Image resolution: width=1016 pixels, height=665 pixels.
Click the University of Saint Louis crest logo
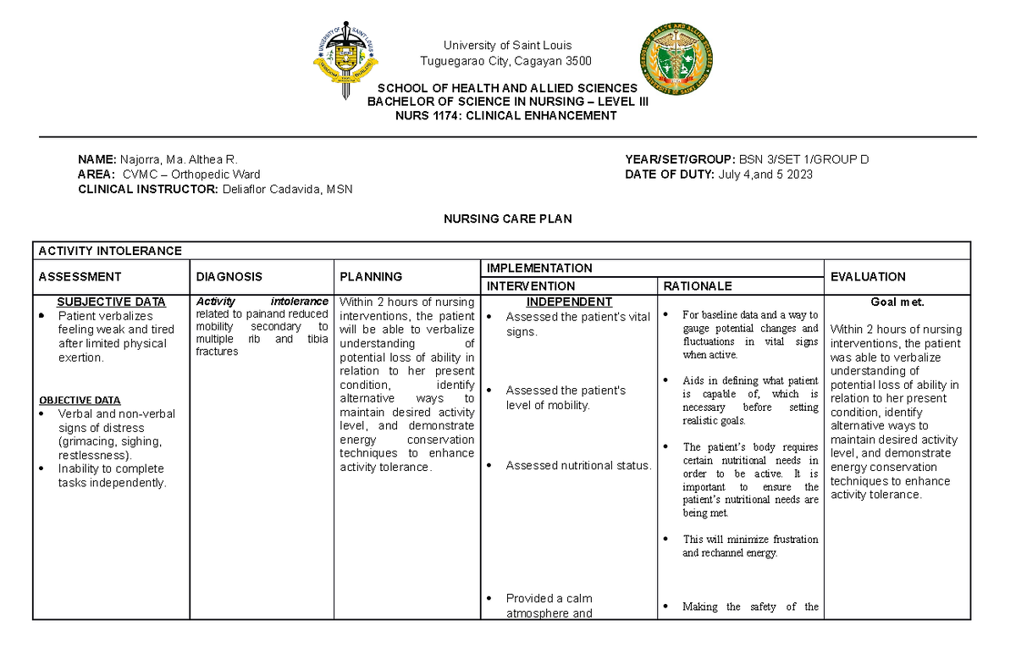[346, 58]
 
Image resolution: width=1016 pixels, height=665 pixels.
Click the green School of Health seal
[676, 57]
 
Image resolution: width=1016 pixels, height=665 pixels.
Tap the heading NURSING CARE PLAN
[508, 219]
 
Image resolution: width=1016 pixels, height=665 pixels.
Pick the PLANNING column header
[370, 276]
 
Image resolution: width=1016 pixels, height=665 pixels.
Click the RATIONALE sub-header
[698, 286]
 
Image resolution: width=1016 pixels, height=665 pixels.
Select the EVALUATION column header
[868, 276]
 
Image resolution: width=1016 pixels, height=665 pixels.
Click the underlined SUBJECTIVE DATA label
[111, 302]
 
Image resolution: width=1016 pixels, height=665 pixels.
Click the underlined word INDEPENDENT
[569, 302]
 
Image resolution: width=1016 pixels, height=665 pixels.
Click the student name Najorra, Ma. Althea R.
[179, 159]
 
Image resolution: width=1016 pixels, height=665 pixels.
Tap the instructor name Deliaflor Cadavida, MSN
[287, 189]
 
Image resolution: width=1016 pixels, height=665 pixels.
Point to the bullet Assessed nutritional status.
[578, 465]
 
